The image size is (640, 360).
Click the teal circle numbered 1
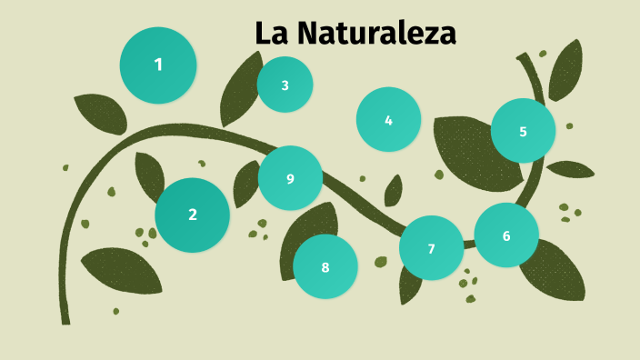(x=158, y=65)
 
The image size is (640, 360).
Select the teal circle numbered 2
(x=192, y=215)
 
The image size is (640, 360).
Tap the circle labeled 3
(x=285, y=85)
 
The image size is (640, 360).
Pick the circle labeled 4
(x=388, y=119)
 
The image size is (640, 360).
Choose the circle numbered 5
(x=523, y=131)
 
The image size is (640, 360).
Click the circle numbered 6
(x=506, y=235)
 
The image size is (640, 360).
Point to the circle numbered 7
(x=431, y=248)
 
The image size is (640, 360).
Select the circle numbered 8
(x=325, y=266)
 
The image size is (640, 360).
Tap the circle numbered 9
(x=290, y=178)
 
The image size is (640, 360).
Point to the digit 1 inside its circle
(x=158, y=65)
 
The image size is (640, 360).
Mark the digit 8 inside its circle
(x=325, y=267)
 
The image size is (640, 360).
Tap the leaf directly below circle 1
(x=99, y=113)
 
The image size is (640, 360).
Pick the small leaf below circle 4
(x=394, y=191)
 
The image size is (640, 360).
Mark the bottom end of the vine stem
(x=65, y=319)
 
